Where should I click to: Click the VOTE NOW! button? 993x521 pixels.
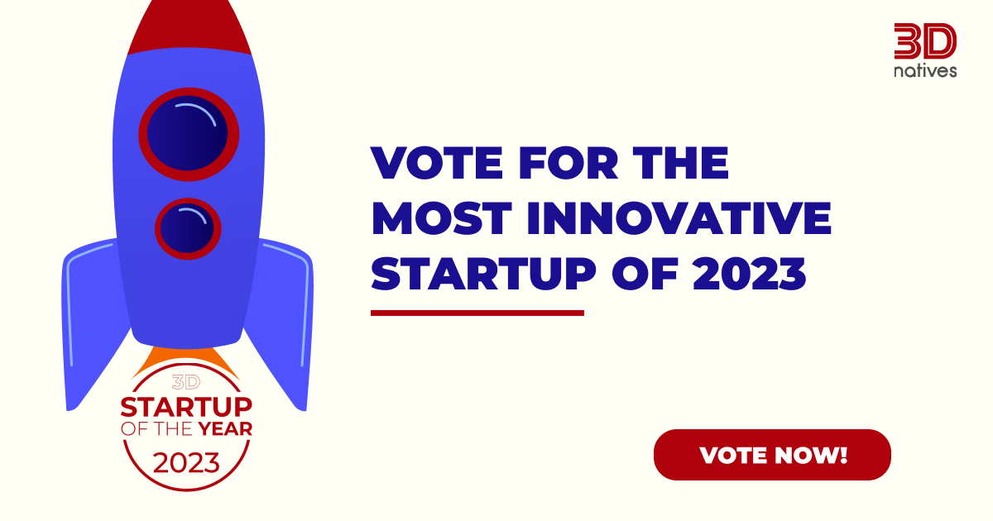[772, 455]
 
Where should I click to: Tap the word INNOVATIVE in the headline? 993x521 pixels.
[679, 218]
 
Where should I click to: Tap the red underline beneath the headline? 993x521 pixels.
[477, 313]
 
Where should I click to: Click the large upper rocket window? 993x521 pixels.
[189, 133]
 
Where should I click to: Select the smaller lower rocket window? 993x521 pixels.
[188, 228]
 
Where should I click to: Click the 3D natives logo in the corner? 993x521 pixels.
[925, 50]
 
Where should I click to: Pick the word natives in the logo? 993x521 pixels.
[925, 71]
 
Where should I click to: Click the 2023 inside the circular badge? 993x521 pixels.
[187, 461]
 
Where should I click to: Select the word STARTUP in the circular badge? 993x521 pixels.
[187, 408]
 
